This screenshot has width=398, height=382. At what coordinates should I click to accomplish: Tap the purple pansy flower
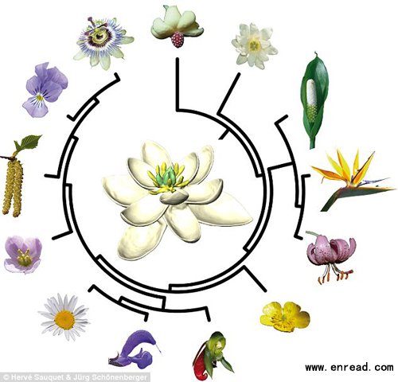coord(45,90)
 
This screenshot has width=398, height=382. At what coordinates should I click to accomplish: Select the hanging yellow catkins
coord(13,185)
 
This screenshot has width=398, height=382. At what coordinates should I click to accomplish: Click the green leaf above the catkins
coord(29,141)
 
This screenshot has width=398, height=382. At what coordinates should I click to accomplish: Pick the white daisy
coord(64,318)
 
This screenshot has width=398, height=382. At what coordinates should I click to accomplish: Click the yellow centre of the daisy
coord(64,320)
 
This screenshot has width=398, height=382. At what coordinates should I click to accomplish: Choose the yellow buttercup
coord(284,317)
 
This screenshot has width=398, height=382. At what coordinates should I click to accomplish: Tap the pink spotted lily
coord(331,252)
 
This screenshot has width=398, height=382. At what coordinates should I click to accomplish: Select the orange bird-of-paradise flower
coord(353,178)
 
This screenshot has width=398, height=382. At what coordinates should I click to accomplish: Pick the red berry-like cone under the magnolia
coord(178,39)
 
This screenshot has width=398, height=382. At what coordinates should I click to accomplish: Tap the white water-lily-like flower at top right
coord(254,45)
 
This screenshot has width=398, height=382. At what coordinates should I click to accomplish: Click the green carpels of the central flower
coord(166,176)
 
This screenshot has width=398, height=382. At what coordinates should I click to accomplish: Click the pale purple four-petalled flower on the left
coord(23,255)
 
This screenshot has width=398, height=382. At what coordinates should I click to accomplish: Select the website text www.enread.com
coord(349,368)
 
